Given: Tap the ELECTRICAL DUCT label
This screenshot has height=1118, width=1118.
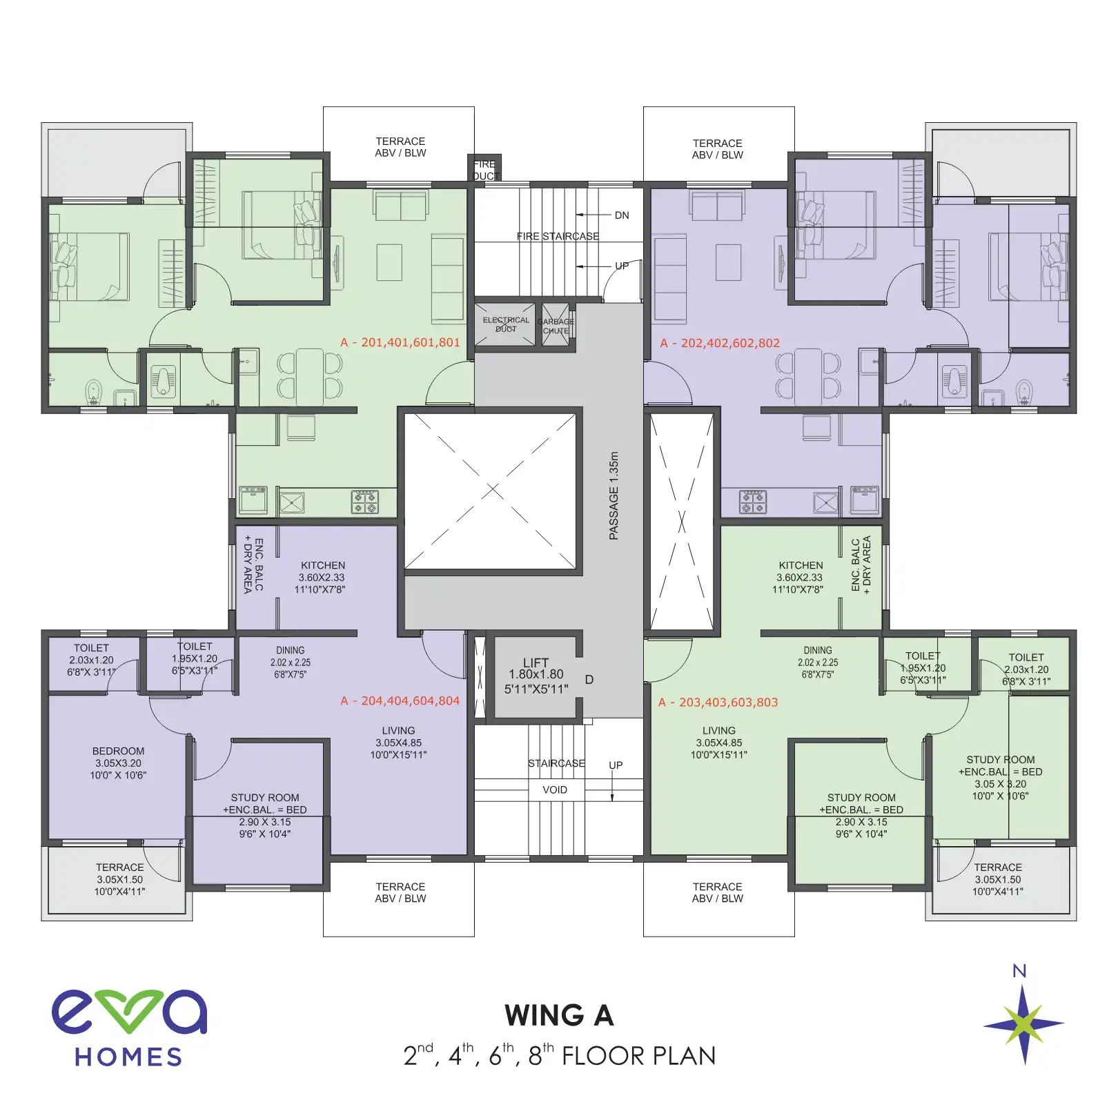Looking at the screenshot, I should pos(506,324).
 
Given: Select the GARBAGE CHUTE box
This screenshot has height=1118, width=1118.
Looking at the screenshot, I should pos(556,325).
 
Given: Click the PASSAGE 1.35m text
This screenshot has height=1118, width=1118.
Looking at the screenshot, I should pos(614,496).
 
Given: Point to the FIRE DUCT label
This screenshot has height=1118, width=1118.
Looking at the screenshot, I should pos(484,170).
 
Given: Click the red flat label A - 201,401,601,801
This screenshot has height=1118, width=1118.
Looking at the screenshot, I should pos(400,342).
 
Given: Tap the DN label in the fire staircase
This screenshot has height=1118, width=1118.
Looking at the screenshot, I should pos(622,215).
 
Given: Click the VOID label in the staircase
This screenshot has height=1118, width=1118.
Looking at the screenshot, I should pos(555,790).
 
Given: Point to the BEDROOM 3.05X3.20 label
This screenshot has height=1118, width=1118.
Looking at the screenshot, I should pos(118,763).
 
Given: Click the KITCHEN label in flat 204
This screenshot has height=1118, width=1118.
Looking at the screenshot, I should pos(322,577).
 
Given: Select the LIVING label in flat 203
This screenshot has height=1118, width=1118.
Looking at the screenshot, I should pos(718,743).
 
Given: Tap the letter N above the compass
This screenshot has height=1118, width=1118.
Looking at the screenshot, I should pos(1019,971).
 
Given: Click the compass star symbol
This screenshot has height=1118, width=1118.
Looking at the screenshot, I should pos(1023,1024).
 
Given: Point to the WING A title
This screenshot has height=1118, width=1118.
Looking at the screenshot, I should pos(559,1015).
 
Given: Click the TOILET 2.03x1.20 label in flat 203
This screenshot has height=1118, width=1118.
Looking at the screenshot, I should pos(1026,669).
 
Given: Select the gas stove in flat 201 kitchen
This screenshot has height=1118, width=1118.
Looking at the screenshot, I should pos(365,502).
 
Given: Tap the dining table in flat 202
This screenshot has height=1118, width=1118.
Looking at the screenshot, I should pos(807,376).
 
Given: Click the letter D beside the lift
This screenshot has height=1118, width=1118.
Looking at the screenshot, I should pos(589,680).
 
